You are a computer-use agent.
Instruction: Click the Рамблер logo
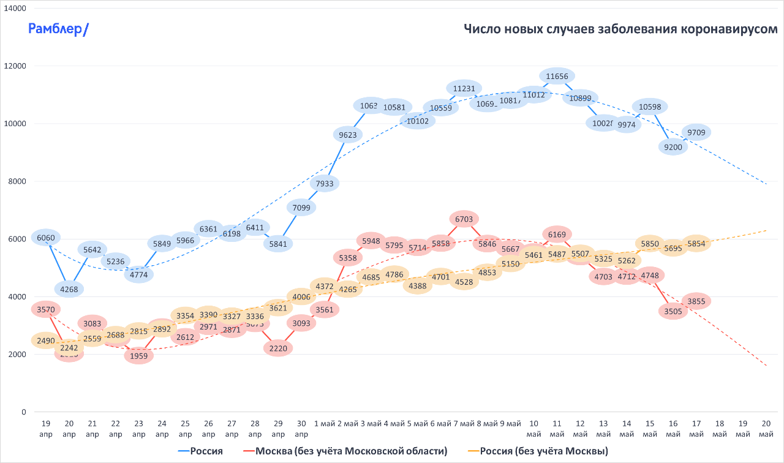point(59,29)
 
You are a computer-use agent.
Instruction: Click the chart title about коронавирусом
point(620,29)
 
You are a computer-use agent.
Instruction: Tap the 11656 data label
point(557,77)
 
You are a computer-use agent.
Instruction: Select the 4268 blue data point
point(69,288)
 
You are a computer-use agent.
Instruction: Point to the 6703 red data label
point(464,219)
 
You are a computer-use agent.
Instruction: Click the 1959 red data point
point(139,355)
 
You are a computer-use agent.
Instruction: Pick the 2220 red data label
point(278,348)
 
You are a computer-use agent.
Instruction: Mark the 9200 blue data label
point(673,146)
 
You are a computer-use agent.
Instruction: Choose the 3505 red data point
point(673,311)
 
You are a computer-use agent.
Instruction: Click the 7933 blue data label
point(325,183)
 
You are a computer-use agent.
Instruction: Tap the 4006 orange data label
point(301,297)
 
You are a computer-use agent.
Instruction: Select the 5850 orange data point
point(650,243)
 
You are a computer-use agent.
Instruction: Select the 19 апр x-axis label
point(46,429)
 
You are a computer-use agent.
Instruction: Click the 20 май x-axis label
point(766,429)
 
